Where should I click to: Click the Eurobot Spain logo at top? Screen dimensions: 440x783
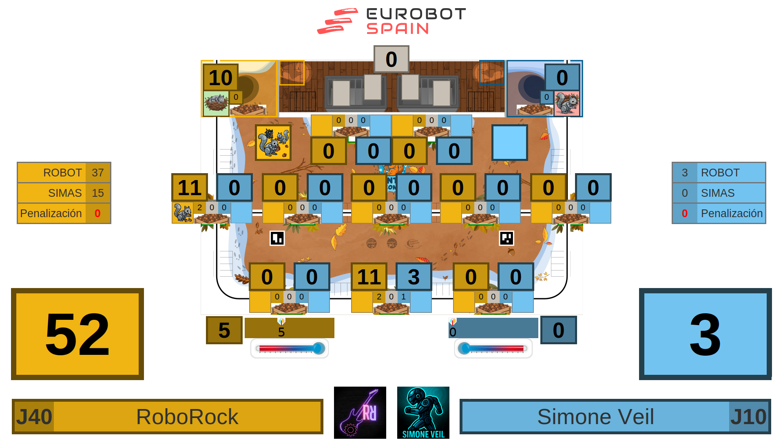click(x=391, y=21)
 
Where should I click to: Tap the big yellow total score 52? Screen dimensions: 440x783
click(x=77, y=334)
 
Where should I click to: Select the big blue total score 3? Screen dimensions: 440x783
click(x=705, y=334)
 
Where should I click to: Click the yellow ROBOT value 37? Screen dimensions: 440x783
click(x=98, y=173)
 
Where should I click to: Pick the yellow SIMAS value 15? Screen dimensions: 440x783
click(x=98, y=193)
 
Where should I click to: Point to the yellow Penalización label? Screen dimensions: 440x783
click(x=51, y=213)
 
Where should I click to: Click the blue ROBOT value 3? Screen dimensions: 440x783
click(x=685, y=173)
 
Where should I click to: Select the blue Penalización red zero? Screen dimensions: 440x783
click(x=685, y=213)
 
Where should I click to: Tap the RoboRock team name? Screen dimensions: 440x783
click(x=187, y=417)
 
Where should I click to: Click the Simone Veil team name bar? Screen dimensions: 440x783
click(x=595, y=417)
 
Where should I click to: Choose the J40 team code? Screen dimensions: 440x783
click(x=34, y=417)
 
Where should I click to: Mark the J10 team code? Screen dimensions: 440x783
click(x=748, y=417)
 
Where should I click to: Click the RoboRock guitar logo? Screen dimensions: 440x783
click(x=360, y=412)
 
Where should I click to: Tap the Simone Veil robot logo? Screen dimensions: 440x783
click(x=423, y=412)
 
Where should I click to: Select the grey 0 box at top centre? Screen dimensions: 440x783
click(x=391, y=59)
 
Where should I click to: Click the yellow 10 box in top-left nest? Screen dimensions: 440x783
click(x=220, y=77)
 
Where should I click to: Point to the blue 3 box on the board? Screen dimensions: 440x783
click(x=414, y=277)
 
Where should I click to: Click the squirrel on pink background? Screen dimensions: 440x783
click(x=566, y=103)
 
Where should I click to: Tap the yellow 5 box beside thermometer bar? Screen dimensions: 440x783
click(x=224, y=330)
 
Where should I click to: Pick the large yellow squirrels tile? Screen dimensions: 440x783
click(x=273, y=143)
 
